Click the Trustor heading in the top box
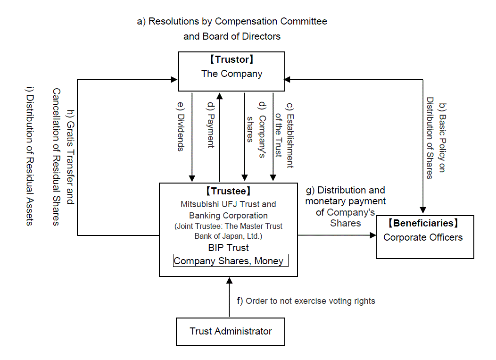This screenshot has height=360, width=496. (x=231, y=59)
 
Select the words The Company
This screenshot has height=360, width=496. (x=232, y=74)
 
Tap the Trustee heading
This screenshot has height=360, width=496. (x=228, y=191)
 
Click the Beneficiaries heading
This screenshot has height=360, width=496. (x=423, y=223)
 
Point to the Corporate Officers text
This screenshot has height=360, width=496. (x=423, y=237)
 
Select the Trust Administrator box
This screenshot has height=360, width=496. (x=231, y=332)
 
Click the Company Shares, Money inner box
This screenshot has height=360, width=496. (x=231, y=261)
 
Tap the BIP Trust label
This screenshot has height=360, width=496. (x=228, y=248)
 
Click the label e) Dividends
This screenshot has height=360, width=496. (x=181, y=126)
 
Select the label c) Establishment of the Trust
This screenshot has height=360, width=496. (x=284, y=135)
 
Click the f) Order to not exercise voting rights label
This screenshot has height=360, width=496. (x=306, y=301)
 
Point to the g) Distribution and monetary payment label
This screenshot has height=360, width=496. (x=346, y=207)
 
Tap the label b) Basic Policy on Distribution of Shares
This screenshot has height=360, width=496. (x=436, y=138)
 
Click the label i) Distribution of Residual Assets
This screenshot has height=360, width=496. (x=29, y=156)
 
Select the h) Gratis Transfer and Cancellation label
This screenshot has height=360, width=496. (x=63, y=157)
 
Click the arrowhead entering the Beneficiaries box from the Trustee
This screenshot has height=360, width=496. (x=373, y=235)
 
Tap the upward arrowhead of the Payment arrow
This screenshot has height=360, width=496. (x=220, y=96)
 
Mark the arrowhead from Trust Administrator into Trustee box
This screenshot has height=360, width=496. (x=230, y=281)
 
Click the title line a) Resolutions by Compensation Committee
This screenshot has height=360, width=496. (x=232, y=21)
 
